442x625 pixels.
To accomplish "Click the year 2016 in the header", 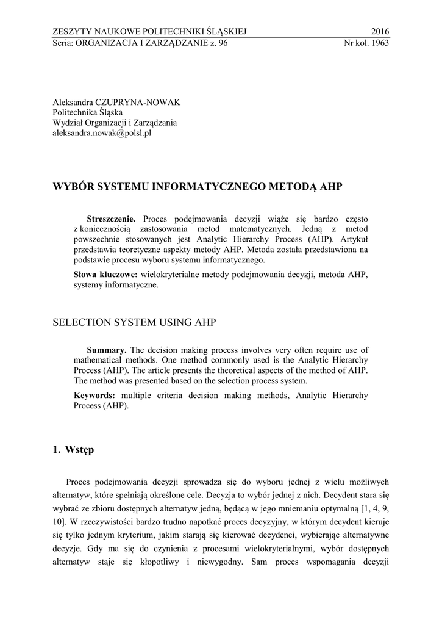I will (x=379, y=32).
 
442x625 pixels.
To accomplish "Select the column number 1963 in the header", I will (x=379, y=43).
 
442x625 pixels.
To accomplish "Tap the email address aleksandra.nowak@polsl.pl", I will (x=102, y=133).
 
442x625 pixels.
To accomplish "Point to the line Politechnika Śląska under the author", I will (x=87, y=112).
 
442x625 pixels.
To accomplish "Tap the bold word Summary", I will (x=107, y=350).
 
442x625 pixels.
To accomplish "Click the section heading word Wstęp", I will (x=79, y=451).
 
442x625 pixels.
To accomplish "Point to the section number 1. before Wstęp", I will (x=57, y=451).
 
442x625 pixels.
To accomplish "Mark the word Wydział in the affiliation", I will (x=67, y=123).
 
